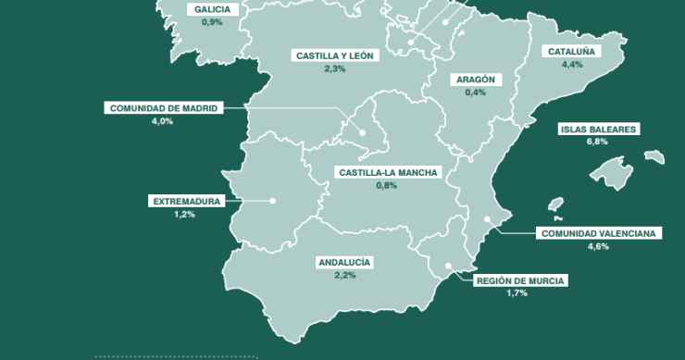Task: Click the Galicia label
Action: tap(212, 9)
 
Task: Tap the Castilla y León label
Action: tap(334, 56)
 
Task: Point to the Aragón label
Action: tap(475, 80)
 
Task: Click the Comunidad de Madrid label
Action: tap(163, 108)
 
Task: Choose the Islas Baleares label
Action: tap(597, 130)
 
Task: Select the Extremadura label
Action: tap(186, 201)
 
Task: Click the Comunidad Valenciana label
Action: tap(598, 233)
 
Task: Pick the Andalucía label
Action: tap(344, 263)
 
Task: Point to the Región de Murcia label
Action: tap(518, 280)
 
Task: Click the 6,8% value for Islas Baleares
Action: tap(597, 142)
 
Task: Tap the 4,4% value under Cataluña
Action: tap(571, 64)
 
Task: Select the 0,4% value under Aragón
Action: tap(475, 93)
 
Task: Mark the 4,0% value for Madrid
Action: tap(162, 121)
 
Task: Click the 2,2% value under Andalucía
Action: tap(344, 276)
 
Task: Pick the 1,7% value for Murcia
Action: tap(517, 293)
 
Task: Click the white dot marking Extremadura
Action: tap(273, 201)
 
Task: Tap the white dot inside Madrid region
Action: tap(365, 132)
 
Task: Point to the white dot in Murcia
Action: tap(449, 266)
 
